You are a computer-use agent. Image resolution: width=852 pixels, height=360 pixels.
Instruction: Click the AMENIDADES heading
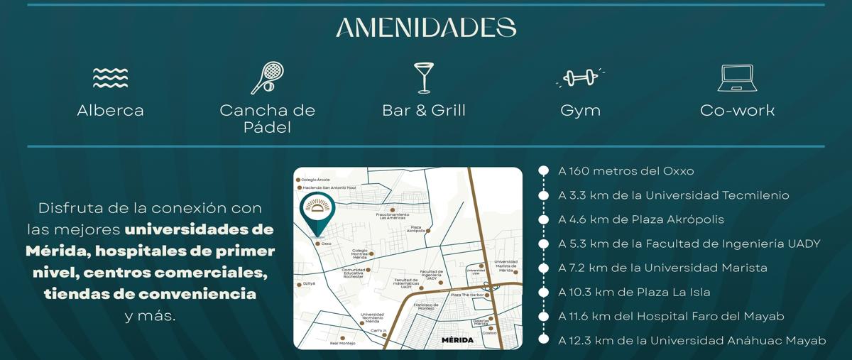425,27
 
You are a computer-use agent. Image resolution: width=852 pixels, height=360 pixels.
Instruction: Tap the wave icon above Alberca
110,77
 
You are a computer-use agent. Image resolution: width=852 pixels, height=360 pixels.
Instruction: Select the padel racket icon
267,77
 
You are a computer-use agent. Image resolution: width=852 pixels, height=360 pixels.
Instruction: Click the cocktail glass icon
424,77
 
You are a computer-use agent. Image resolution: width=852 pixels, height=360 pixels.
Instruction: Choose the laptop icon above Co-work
737,77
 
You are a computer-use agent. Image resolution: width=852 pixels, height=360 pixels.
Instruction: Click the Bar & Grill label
424,110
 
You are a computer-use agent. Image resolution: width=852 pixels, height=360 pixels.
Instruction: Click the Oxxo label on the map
327,244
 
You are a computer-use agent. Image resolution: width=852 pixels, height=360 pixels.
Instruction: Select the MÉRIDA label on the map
457,340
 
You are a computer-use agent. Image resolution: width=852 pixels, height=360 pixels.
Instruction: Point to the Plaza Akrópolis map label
415,229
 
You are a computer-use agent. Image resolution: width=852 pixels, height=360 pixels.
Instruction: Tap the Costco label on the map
489,332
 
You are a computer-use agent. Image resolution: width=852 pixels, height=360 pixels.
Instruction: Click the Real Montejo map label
342,344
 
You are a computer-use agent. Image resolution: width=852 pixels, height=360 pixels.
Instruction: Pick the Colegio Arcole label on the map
315,180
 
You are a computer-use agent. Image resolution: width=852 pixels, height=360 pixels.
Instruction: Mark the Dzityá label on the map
308,283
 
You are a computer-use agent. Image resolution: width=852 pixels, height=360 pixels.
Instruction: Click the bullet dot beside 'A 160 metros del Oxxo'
543,171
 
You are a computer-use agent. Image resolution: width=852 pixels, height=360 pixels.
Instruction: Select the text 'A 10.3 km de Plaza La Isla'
634,292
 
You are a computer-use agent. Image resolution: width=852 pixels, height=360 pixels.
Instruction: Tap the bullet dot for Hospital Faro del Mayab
543,316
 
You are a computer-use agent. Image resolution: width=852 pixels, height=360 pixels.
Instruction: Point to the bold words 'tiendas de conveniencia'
150,293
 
